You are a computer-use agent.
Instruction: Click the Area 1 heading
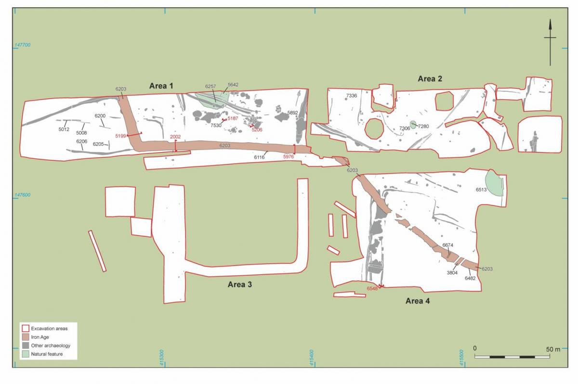point(160,86)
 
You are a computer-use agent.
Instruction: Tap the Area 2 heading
point(430,79)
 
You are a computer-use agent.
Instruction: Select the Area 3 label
point(240,284)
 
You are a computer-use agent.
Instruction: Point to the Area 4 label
point(418,301)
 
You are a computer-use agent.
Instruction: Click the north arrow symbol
point(550,43)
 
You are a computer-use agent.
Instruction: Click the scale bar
point(512,357)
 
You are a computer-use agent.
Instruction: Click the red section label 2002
point(176,137)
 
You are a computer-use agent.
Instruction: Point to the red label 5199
point(120,136)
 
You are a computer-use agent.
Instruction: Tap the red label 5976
point(289,157)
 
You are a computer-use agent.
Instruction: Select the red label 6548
point(372,288)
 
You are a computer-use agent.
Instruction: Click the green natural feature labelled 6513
point(495,184)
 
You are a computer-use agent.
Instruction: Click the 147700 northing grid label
point(23,45)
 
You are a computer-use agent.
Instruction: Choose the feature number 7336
point(351,96)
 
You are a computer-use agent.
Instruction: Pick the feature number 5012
point(64,129)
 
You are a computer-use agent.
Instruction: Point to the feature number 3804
point(452,272)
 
